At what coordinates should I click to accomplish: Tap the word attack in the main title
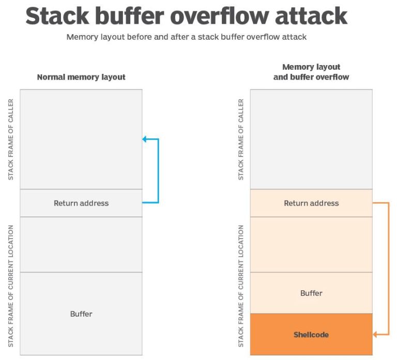coord(312,17)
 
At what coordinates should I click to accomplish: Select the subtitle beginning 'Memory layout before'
coord(186,37)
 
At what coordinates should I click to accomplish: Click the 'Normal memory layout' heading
coord(81,77)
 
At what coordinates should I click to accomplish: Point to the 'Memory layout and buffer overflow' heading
coord(311,72)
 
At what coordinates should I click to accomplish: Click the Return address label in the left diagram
coord(81,203)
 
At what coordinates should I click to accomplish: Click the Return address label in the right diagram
coord(311,203)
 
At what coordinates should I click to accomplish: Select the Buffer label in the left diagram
coord(81,314)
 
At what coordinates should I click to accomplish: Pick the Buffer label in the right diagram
coord(311,293)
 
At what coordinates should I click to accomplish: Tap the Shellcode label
coord(311,334)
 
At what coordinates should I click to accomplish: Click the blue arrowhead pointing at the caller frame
coord(145,139)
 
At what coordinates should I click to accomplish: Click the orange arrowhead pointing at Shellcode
coord(376,335)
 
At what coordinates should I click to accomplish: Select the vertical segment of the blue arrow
coord(158,170)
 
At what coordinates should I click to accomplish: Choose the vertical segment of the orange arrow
coord(388,269)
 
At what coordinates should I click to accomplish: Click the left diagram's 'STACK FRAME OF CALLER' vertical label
coord(11,139)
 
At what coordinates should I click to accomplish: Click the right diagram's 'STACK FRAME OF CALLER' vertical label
coord(241,139)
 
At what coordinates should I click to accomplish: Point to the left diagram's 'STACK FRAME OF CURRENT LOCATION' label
coord(11,286)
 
